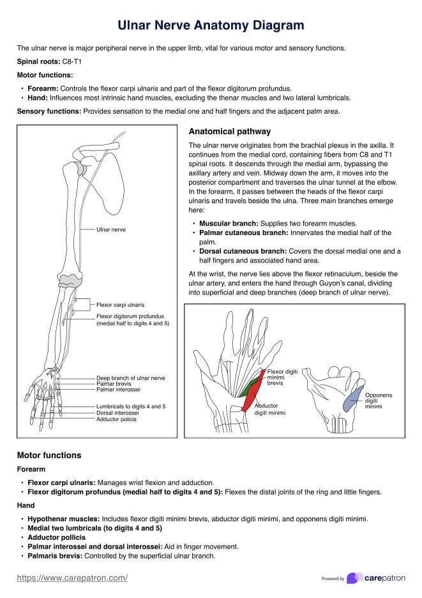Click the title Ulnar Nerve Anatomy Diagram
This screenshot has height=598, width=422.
[211, 26]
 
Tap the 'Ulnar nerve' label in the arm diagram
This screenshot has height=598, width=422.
[111, 229]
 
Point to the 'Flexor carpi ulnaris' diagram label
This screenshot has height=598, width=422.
[120, 305]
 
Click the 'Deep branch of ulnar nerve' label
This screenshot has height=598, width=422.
[130, 378]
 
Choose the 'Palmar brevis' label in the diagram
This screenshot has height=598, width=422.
[114, 383]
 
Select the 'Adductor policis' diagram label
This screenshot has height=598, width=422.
[117, 419]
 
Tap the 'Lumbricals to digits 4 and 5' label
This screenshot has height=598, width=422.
[131, 406]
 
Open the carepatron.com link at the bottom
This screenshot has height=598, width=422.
[72, 578]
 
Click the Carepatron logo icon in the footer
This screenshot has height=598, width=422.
[355, 578]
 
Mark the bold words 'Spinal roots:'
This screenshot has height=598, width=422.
[38, 61]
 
